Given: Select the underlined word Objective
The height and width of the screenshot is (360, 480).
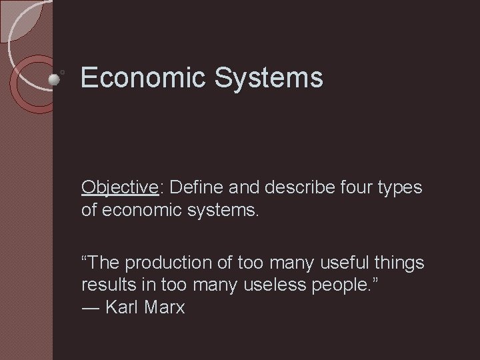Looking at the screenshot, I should (119, 188).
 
